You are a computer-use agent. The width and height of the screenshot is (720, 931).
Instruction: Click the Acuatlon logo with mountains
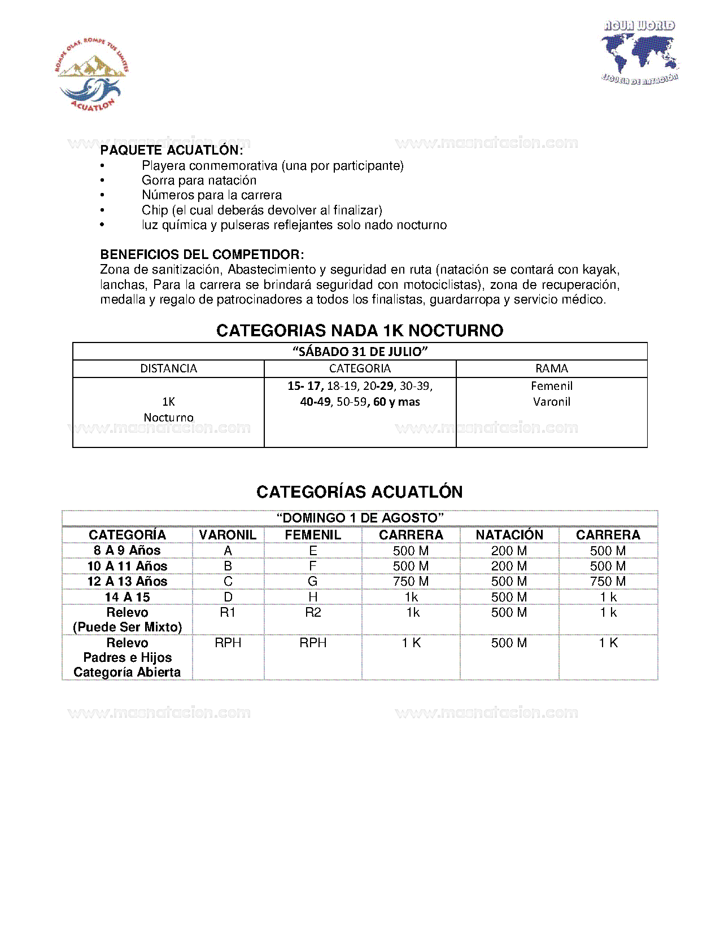click(x=91, y=74)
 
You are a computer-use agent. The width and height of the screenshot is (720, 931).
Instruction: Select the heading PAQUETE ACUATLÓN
click(x=172, y=150)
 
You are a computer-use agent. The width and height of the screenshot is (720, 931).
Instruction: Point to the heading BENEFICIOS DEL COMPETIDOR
click(x=202, y=254)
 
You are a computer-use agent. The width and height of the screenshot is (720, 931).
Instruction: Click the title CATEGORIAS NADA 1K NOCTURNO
click(x=360, y=331)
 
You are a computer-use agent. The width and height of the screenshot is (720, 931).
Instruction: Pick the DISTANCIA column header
click(x=168, y=368)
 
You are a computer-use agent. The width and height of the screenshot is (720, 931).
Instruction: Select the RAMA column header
click(x=551, y=368)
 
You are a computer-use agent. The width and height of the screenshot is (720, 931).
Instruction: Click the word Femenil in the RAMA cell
click(x=551, y=386)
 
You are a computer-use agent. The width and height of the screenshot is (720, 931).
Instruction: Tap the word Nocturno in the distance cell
click(x=168, y=418)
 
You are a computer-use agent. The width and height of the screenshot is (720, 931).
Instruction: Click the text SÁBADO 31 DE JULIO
click(x=360, y=352)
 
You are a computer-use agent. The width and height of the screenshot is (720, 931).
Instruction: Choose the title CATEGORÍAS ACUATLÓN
click(x=360, y=492)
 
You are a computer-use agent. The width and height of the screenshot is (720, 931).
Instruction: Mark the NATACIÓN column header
click(x=509, y=535)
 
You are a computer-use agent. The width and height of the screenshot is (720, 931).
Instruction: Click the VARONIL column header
click(x=228, y=535)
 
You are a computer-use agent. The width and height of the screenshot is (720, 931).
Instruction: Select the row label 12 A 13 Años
click(x=127, y=582)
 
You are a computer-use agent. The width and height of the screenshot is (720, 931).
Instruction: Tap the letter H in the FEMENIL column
click(x=313, y=597)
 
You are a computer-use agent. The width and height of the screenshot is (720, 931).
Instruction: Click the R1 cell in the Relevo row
click(x=228, y=613)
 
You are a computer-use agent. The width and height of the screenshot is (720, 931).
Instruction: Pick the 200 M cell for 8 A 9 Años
click(x=509, y=551)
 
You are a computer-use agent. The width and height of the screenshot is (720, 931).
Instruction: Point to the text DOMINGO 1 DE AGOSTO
click(x=360, y=518)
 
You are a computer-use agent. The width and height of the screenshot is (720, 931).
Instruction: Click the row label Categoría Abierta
click(x=127, y=673)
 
